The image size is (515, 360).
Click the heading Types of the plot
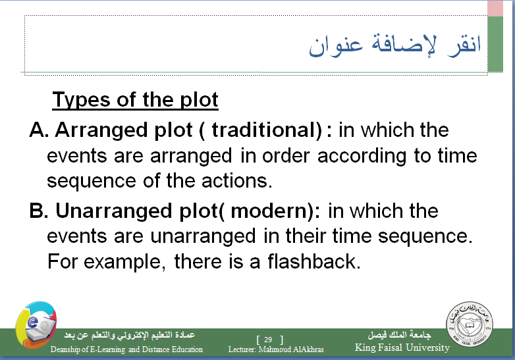click(135, 100)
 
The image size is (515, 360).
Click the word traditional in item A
click(267, 130)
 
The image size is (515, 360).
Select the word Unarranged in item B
click(114, 211)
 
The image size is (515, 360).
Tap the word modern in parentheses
click(272, 211)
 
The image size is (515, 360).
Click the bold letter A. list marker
click(39, 130)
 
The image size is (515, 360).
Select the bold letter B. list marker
click(39, 211)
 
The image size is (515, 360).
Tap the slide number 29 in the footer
click(268, 340)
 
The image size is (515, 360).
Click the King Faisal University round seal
click(470, 324)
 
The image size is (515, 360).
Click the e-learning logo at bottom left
click(36, 324)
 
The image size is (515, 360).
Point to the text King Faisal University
click(402, 347)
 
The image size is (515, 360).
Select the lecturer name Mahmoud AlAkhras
click(291, 349)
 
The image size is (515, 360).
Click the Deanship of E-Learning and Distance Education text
click(126, 349)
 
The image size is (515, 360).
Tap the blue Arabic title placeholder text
click(394, 45)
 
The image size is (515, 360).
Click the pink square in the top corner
click(495, 8)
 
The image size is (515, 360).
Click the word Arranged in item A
click(101, 130)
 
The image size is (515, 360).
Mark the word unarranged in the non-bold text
click(203, 236)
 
